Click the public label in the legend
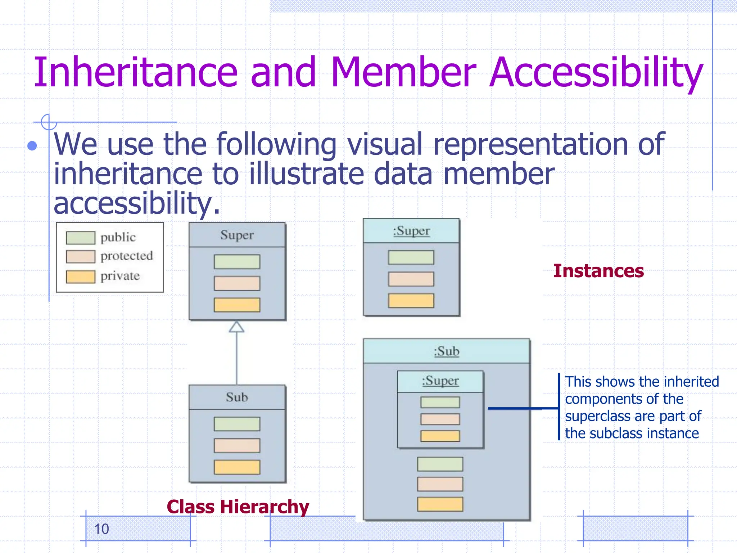pos(118,237)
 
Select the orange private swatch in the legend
pos(81,276)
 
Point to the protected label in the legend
pos(127,256)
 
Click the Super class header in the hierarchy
pos(237,235)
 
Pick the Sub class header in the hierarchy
pos(237,397)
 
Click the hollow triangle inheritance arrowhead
pos(236,327)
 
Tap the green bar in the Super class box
pos(237,262)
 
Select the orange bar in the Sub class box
pos(237,467)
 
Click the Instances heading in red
pos(598,271)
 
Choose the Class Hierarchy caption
pos(238,507)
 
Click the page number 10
pos(101,529)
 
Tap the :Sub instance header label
pos(446,351)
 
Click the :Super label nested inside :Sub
pos(440,381)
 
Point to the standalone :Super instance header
pos(411,231)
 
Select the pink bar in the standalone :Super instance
pos(411,279)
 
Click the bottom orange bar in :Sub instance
pos(440,504)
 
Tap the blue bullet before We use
pos(32,145)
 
